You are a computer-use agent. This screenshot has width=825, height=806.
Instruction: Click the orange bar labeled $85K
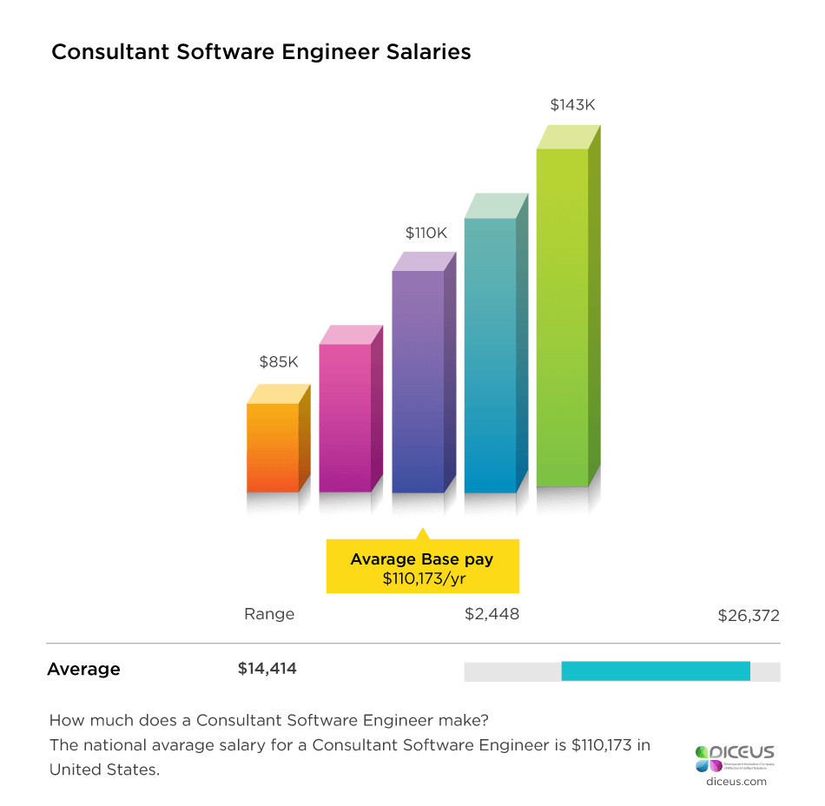(x=273, y=447)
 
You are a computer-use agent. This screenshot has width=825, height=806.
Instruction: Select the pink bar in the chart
(x=345, y=417)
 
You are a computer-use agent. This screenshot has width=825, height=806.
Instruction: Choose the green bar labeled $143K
(x=562, y=317)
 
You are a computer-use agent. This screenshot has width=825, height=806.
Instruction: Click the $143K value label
(x=573, y=105)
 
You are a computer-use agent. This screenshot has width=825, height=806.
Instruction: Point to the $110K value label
(x=426, y=233)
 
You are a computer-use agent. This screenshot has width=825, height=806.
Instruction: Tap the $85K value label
(x=280, y=362)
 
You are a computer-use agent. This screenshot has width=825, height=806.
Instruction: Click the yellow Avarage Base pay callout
(x=422, y=566)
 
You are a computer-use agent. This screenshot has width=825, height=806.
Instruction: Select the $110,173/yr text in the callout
(x=422, y=578)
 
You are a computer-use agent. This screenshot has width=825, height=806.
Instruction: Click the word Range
(x=269, y=614)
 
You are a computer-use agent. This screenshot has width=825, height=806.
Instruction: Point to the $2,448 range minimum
(x=492, y=614)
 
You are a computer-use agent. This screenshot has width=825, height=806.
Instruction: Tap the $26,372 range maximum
(x=749, y=616)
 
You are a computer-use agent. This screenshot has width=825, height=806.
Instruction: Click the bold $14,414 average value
(x=267, y=669)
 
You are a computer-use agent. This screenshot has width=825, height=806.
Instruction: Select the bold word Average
(x=83, y=669)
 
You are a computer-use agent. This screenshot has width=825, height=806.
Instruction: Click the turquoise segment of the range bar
(x=656, y=671)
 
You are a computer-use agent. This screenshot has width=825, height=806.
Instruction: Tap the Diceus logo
(x=734, y=757)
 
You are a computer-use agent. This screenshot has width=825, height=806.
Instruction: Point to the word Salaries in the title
(x=426, y=52)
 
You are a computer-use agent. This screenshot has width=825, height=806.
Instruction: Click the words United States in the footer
(x=104, y=770)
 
